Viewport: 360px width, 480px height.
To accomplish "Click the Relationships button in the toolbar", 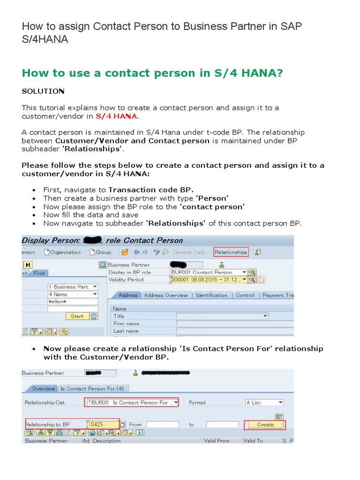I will coord(231,252).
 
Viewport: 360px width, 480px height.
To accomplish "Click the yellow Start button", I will coord(77,316).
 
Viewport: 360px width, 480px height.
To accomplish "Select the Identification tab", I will coord(211,295).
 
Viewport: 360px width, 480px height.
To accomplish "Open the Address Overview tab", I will coord(166,295).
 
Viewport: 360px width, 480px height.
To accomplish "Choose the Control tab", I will coord(245,295).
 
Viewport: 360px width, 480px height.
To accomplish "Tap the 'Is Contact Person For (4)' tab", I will coord(92,389).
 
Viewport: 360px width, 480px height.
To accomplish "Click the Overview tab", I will coord(43,389).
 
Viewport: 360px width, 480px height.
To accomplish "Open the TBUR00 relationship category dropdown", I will coord(132,403).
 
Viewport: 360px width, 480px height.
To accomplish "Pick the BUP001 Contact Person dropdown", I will coord(209,272).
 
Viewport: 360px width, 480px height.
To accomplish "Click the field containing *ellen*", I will coord(73,301).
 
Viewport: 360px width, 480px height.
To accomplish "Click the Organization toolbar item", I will coord(62,252).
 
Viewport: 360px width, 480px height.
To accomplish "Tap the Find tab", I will coord(39,273).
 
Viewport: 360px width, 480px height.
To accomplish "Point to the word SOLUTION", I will coord(43,90).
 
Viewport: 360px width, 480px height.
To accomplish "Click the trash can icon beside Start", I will coord(94,316).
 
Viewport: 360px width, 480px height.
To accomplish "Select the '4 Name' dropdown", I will coord(73,294).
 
